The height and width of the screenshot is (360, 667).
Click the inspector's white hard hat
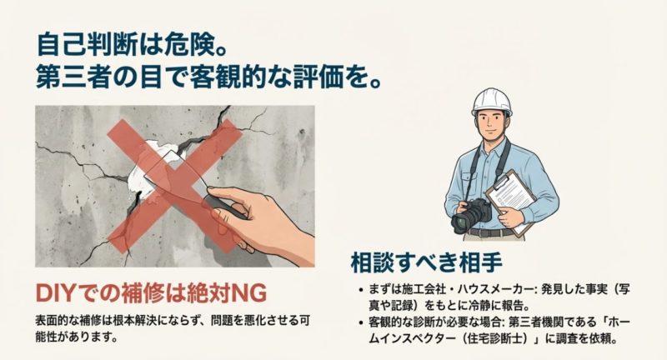point(492,102)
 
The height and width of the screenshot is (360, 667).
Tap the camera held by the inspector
point(471,214)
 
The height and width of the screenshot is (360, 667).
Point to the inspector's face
point(492,125)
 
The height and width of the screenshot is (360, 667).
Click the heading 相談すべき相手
point(426,262)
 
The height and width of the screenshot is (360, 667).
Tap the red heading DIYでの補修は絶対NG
point(151,292)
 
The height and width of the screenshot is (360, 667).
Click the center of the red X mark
point(174,186)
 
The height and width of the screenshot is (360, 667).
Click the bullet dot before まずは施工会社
point(360,290)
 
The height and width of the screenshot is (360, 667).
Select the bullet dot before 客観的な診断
point(360,322)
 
